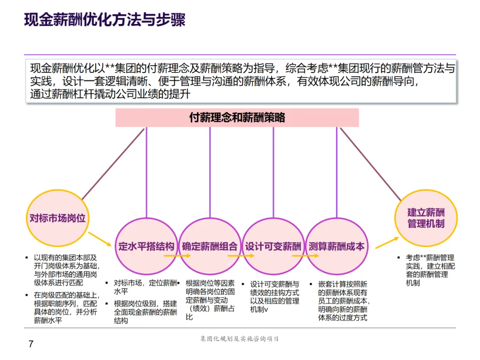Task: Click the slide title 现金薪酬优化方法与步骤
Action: [x=104, y=20]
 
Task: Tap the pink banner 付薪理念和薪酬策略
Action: [x=237, y=118]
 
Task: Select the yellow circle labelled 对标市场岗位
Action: [x=57, y=218]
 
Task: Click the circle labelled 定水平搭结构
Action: [x=146, y=247]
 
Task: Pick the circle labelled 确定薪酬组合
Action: [x=210, y=247]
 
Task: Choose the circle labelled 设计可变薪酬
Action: [x=273, y=247]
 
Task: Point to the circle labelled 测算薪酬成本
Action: [x=336, y=247]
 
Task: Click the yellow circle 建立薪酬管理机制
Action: [x=426, y=217]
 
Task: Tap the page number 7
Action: [x=31, y=344]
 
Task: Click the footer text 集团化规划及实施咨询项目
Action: [x=240, y=339]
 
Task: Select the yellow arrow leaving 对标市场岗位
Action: [x=100, y=239]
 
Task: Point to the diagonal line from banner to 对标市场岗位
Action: [x=113, y=164]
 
